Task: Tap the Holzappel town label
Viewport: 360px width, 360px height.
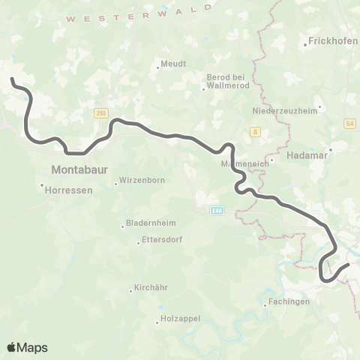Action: (x=179, y=319)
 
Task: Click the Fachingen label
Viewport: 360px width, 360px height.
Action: (x=292, y=302)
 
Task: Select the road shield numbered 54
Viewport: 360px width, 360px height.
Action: (x=350, y=122)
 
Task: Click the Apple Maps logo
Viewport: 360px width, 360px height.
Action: (x=27, y=347)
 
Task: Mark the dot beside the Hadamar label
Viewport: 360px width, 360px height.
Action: (x=330, y=149)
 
